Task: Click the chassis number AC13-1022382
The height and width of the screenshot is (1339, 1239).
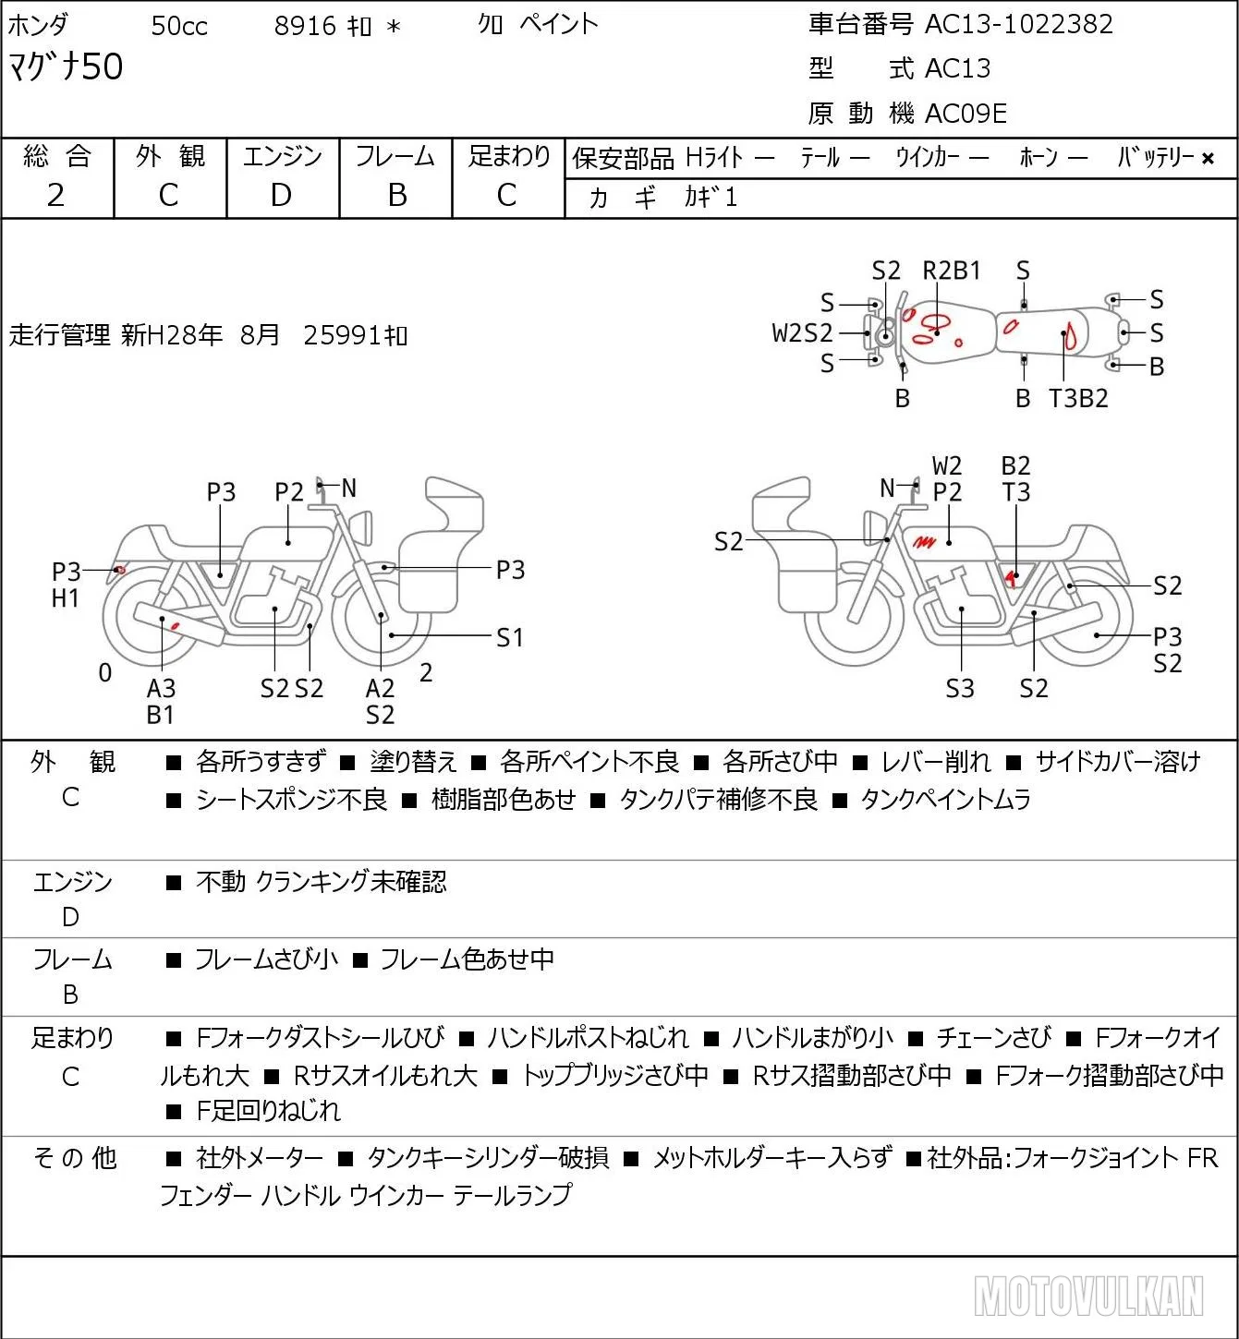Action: pyautogui.click(x=1018, y=24)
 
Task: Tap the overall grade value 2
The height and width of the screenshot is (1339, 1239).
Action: pyautogui.click(x=56, y=196)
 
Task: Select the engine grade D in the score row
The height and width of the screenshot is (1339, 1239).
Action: pyautogui.click(x=281, y=196)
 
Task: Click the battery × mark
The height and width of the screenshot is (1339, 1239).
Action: pyautogui.click(x=1208, y=159)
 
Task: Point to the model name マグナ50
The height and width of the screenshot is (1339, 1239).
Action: pyautogui.click(x=66, y=66)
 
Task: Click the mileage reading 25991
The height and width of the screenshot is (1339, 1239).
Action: pyautogui.click(x=342, y=335)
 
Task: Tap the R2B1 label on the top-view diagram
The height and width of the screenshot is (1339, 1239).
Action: pyautogui.click(x=951, y=271)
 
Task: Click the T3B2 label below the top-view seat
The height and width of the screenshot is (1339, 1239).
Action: pyautogui.click(x=1077, y=398)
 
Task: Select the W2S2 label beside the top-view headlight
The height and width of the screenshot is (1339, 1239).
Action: pyautogui.click(x=802, y=333)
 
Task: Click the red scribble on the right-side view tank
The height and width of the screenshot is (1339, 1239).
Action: pyautogui.click(x=924, y=541)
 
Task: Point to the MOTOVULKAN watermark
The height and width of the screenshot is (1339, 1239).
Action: pyautogui.click(x=1088, y=1296)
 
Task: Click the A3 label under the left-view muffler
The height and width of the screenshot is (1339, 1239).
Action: pyautogui.click(x=162, y=688)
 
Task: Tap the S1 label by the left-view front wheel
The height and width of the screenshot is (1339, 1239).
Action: pyautogui.click(x=509, y=637)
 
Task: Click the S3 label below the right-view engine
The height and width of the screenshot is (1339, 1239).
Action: pyautogui.click(x=960, y=688)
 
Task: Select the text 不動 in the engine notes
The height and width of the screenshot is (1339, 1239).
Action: pyautogui.click(x=221, y=881)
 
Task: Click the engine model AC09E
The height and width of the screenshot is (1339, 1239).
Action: pyautogui.click(x=966, y=114)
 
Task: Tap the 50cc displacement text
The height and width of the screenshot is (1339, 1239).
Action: pyautogui.click(x=179, y=26)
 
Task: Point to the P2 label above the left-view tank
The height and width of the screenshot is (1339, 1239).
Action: pyautogui.click(x=289, y=492)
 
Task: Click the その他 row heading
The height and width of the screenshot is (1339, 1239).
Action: pyautogui.click(x=75, y=1158)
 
